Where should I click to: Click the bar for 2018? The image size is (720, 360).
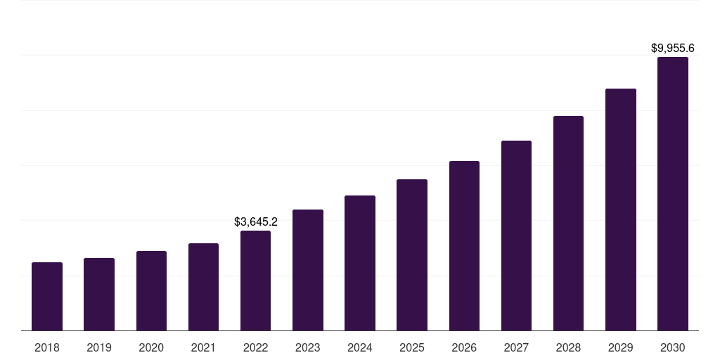(x=47, y=296)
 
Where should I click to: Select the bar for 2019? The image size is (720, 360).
(x=99, y=294)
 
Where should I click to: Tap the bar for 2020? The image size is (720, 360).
(x=151, y=290)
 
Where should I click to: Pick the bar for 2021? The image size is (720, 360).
(x=203, y=287)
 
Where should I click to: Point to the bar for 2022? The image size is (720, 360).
(x=255, y=281)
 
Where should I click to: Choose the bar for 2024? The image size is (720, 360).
(x=360, y=263)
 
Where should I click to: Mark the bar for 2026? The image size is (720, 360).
(x=464, y=245)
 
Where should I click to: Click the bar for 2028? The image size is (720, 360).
(x=568, y=223)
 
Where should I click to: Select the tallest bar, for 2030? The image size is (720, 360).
(x=673, y=193)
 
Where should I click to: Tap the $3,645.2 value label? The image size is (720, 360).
(x=256, y=222)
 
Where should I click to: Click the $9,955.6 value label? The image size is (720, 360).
(x=673, y=49)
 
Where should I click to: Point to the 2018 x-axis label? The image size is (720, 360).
(x=47, y=347)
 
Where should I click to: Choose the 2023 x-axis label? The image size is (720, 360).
(x=308, y=347)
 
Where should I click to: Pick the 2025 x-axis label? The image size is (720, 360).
(x=412, y=347)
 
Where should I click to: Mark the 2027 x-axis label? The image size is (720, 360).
(x=516, y=347)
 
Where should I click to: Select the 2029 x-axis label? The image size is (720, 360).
(x=621, y=347)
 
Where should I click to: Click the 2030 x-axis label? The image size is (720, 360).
(x=673, y=347)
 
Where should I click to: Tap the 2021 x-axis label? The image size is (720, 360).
(x=203, y=347)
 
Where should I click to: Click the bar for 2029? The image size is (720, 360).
(x=621, y=210)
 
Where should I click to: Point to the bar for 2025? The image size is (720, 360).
(x=412, y=255)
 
